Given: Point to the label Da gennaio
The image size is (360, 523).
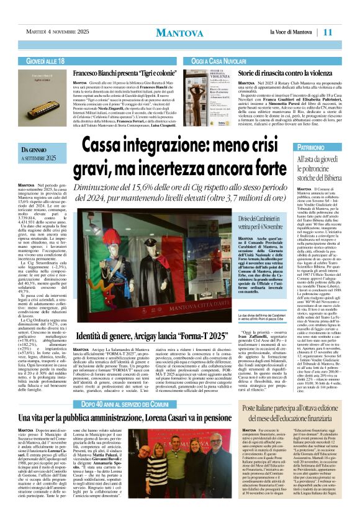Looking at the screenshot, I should [34, 150].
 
